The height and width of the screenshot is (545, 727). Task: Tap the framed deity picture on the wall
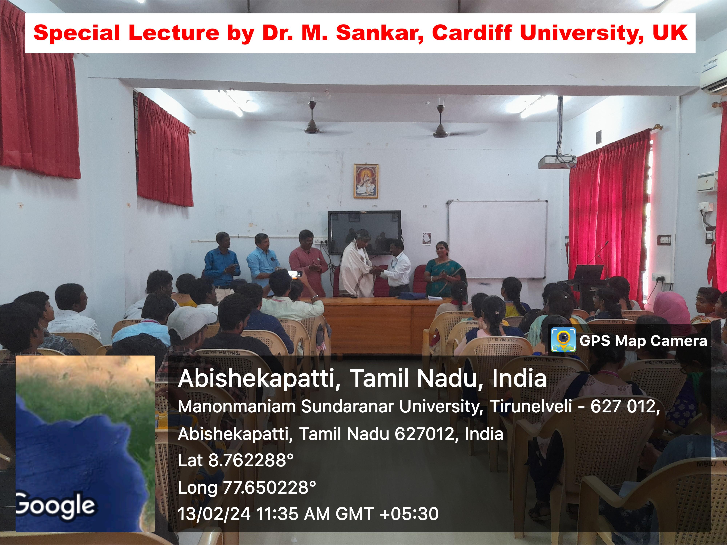[x=366, y=181]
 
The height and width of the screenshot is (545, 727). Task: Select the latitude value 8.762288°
[x=251, y=460]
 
